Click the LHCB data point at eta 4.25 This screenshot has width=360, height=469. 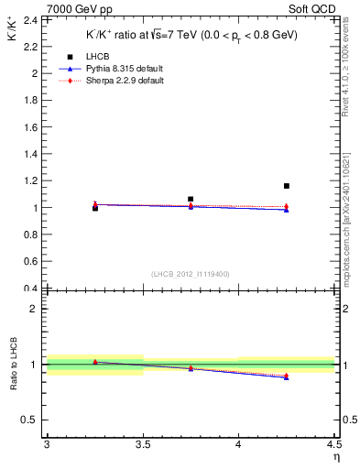tap(287, 186)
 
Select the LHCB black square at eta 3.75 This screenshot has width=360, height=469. tap(191, 199)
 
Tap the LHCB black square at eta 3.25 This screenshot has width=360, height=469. tap(95, 209)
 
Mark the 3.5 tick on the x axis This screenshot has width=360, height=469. tap(142, 444)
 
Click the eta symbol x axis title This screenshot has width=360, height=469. tap(336, 457)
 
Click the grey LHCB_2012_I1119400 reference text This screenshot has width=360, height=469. tap(191, 274)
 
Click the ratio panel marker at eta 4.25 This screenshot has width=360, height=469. tap(287, 376)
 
